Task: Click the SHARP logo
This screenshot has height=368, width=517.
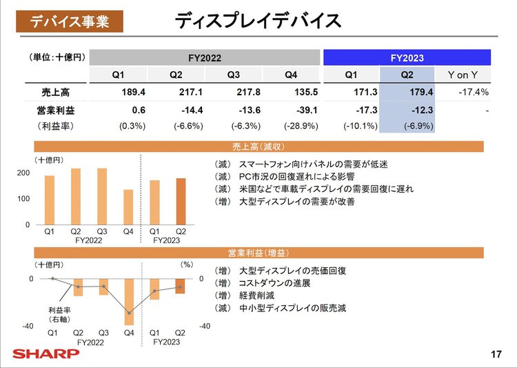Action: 45,354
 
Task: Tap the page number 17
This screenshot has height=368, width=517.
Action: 496,355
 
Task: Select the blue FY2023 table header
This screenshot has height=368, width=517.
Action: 407,58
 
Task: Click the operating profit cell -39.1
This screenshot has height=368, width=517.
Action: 303,109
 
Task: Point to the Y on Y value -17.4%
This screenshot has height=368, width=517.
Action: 474,92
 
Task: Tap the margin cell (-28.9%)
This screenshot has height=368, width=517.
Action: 301,126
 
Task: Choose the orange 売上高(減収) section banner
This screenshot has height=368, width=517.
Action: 258,146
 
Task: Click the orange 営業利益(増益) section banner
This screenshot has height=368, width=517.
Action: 258,253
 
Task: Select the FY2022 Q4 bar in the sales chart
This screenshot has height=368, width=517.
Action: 128,207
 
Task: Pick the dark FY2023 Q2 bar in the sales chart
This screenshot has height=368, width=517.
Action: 181,202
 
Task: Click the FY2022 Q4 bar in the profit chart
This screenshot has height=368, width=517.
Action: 129,302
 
